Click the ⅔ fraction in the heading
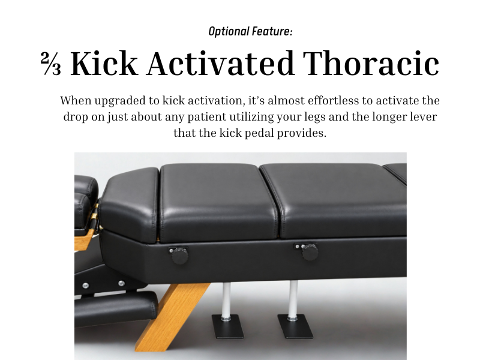pyautogui.click(x=51, y=63)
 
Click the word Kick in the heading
pyautogui.click(x=104, y=63)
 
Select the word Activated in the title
pyautogui.click(x=220, y=63)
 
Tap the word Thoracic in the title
pyautogui.click(x=371, y=63)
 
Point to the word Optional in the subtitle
pyautogui.click(x=229, y=32)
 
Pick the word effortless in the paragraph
pyautogui.click(x=333, y=100)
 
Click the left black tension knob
pyautogui.click(x=179, y=256)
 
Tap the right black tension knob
pyautogui.click(x=310, y=252)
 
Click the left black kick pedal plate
pyautogui.click(x=228, y=326)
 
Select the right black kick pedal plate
pyautogui.click(x=295, y=326)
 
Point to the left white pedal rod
pyautogui.click(x=227, y=301)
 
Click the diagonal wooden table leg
pyautogui.click(x=173, y=317)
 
